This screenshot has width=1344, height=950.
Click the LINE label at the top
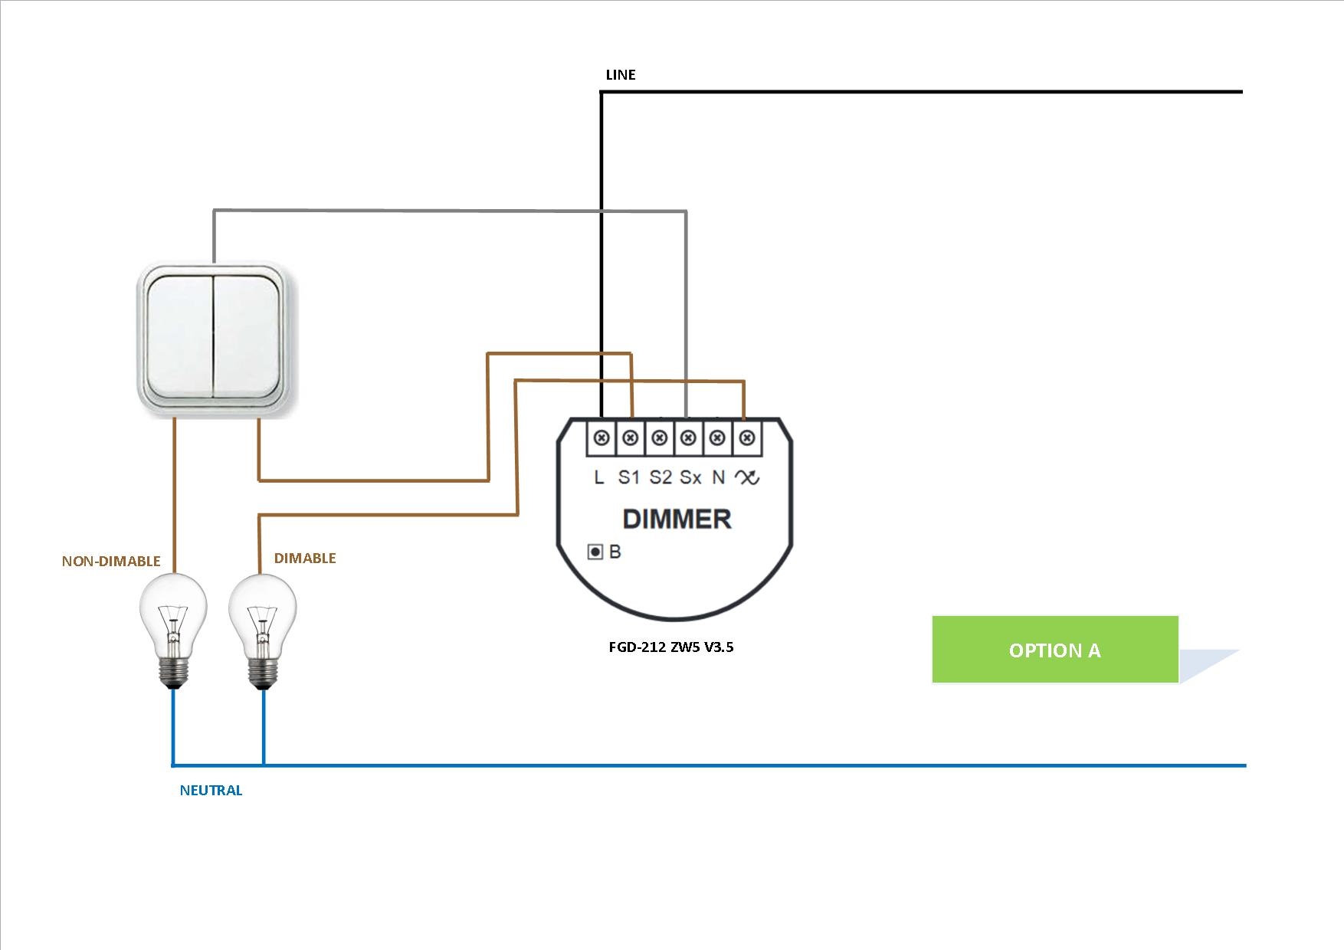(x=621, y=75)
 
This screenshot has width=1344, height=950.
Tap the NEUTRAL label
(x=211, y=791)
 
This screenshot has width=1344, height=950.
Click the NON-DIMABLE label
(x=111, y=562)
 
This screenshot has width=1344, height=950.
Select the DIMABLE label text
(x=305, y=559)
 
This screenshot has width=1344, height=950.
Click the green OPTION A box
(x=1054, y=650)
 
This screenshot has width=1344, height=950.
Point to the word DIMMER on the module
(x=677, y=519)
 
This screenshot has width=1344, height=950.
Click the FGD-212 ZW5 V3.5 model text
(x=670, y=647)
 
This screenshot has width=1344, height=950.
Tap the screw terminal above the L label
(x=602, y=438)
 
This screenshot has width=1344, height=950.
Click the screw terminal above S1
(x=630, y=438)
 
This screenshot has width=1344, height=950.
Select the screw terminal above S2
(x=659, y=438)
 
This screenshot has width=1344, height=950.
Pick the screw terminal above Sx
(x=688, y=438)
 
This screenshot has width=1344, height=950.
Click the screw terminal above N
(x=717, y=438)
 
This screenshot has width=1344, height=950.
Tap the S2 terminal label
(x=660, y=478)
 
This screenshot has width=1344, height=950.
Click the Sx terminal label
(x=690, y=478)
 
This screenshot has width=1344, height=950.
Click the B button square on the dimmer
(x=595, y=552)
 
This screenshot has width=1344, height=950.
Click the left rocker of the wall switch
(x=180, y=337)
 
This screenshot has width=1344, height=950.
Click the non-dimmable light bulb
(x=173, y=624)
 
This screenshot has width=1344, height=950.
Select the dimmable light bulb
(x=263, y=624)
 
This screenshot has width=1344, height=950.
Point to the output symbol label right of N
(x=747, y=478)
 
